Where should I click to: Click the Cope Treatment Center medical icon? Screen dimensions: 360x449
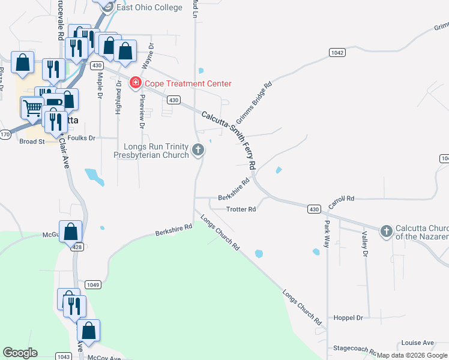[x=136, y=83]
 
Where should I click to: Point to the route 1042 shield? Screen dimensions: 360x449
[x=337, y=53]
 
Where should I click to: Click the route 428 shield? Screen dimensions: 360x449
[x=77, y=246]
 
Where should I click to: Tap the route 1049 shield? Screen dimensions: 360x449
[x=92, y=284]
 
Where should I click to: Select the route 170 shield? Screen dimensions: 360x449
[x=5, y=134]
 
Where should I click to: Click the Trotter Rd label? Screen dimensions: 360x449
[x=241, y=209]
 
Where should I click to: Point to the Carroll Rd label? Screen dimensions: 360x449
[x=342, y=199]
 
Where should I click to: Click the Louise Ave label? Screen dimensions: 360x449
[x=418, y=343]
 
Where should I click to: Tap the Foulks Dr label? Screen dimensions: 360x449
[x=82, y=138]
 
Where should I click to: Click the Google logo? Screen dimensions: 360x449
[x=20, y=353]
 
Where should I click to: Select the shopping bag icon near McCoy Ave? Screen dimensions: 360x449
[x=88, y=331]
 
